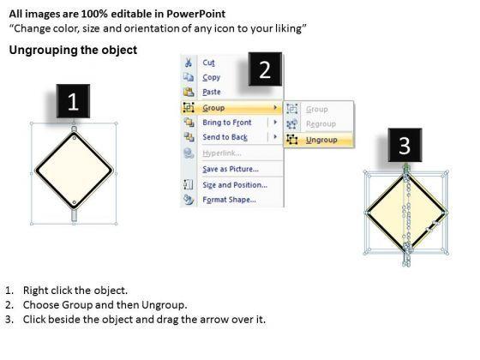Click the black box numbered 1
coord(73,101)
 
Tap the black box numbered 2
coord(265,69)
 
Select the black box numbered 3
coord(405,145)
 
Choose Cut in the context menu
coord(208,63)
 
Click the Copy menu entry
coord(211,77)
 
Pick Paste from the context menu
coord(212,92)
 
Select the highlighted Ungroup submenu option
coord(321,140)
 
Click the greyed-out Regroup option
coord(321,124)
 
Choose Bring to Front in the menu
coord(227,123)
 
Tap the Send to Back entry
coord(225,137)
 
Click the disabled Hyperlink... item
coord(222,153)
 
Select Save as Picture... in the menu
coord(231,169)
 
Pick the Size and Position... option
coord(235,185)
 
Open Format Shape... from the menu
coord(230,200)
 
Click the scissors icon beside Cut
coord(189,63)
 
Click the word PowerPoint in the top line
coord(196,14)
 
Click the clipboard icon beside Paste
coord(189,92)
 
